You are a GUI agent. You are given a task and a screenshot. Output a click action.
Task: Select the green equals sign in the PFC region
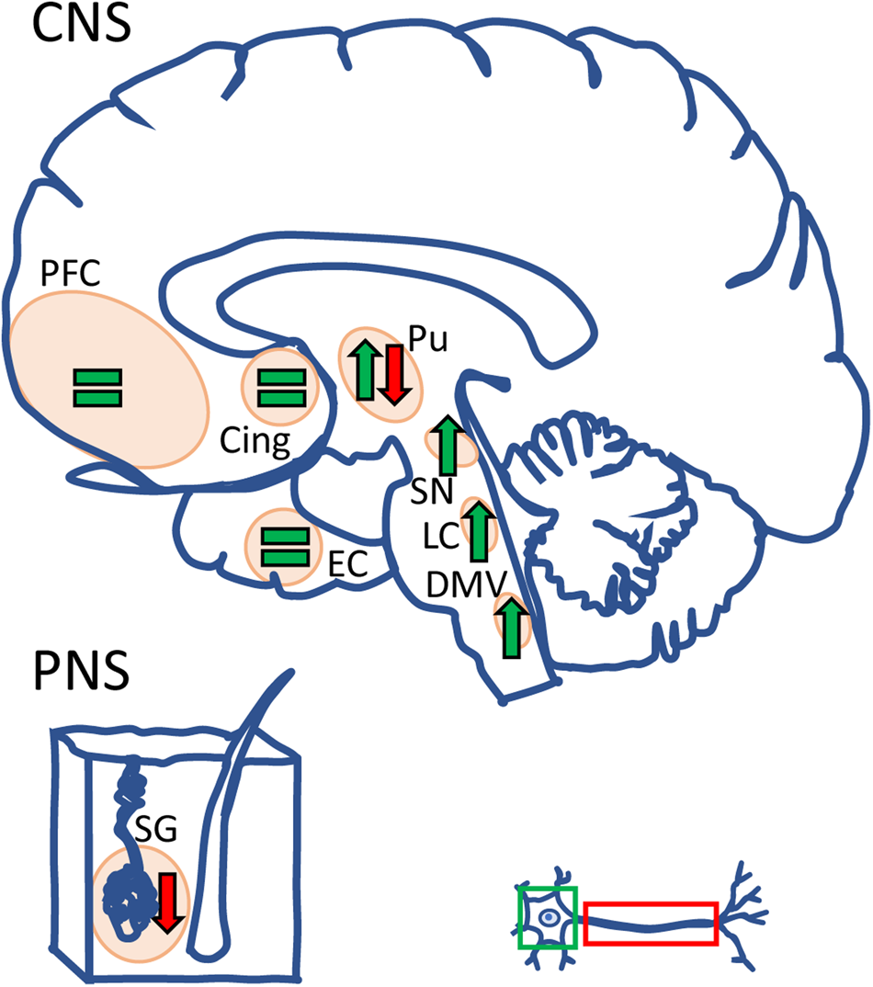tap(97, 387)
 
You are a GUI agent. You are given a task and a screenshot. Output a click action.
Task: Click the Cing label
tap(255, 444)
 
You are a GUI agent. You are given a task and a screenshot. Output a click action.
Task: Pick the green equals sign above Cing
tap(279, 387)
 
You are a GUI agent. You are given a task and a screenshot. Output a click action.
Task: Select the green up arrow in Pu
tap(365, 369)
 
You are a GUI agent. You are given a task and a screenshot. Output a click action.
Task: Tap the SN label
tap(432, 492)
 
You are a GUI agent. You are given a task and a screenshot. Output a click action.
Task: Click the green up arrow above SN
tap(448, 445)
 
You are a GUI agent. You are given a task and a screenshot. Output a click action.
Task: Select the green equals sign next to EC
tap(284, 547)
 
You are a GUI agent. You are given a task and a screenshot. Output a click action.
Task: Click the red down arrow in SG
tap(168, 903)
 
